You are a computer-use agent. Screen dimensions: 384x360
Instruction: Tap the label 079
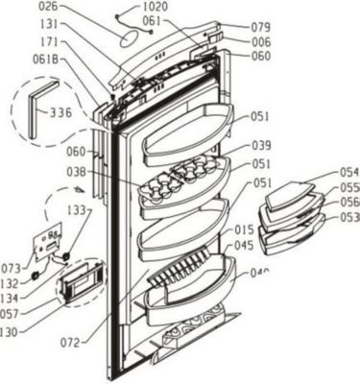click(261, 27)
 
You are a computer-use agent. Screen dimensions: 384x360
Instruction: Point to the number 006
click(261, 41)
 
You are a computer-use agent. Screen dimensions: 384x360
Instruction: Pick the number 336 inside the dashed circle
click(61, 112)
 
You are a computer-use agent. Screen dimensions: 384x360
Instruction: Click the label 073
click(11, 267)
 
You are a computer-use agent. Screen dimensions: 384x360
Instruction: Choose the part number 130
click(11, 333)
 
